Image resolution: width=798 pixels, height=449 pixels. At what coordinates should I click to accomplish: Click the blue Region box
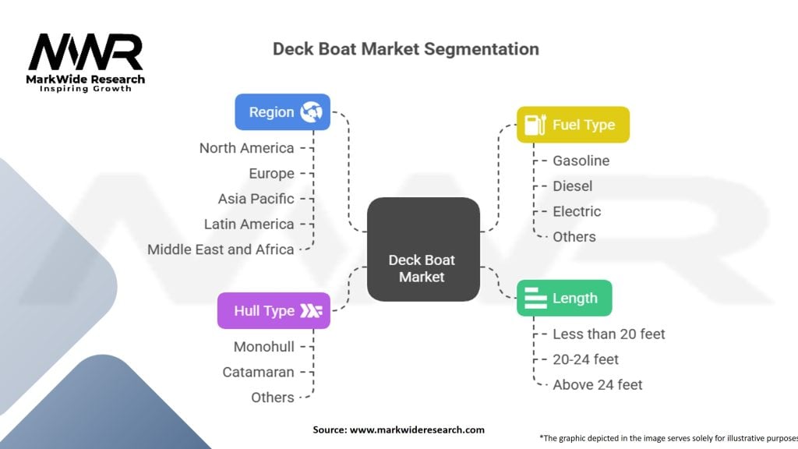coord(282,112)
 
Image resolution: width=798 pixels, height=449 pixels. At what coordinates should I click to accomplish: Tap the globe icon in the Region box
coord(311,112)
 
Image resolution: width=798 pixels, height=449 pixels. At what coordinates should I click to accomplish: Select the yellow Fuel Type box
coord(573,125)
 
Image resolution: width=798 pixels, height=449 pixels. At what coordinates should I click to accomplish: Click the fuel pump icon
coord(535,125)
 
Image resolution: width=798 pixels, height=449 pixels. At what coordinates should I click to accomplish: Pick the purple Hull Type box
coord(274,310)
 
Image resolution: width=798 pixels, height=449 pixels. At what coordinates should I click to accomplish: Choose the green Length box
coord(564,298)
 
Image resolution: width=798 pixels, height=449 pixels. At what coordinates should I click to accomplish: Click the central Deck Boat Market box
coord(423,249)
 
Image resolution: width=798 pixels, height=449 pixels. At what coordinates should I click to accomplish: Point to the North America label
coord(247,148)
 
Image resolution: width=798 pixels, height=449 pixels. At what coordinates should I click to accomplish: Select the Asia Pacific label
coord(256,199)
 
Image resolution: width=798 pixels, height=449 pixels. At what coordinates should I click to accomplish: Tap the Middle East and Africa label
coord(221,249)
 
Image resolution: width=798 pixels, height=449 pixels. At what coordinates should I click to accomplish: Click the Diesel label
coord(573,186)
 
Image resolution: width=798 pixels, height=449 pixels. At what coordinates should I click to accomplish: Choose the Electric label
coord(577,211)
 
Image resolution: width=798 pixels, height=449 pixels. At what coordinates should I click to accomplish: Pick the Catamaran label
coord(259,372)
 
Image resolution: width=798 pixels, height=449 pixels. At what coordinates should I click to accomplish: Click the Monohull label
coord(264,347)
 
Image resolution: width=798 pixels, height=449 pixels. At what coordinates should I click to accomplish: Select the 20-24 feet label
coord(586,359)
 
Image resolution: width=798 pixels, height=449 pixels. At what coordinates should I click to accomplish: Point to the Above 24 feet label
coord(598,385)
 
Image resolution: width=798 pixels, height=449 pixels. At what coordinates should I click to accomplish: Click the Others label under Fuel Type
coord(574,237)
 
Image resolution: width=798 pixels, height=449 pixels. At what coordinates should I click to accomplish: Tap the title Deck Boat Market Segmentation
coord(406,49)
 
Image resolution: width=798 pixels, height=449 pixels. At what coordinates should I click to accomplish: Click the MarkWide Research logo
coord(86,62)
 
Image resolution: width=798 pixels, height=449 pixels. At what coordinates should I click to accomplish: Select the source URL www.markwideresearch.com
coord(417,430)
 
